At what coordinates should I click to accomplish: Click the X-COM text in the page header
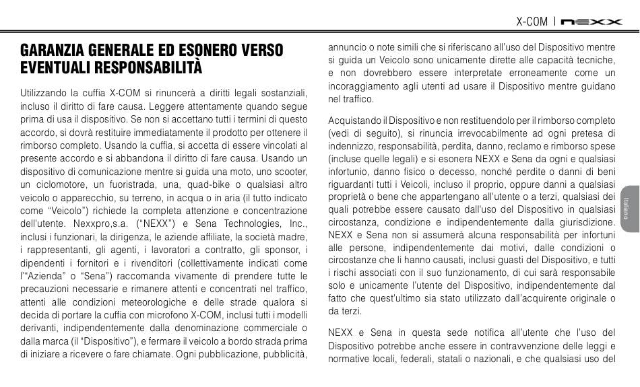(532, 22)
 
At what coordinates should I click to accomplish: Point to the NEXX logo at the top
(592, 22)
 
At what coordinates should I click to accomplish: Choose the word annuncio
(347, 47)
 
